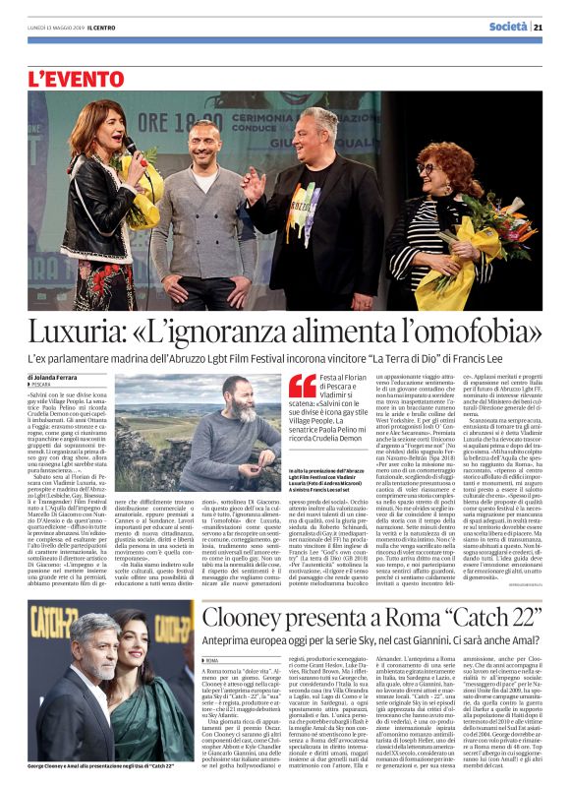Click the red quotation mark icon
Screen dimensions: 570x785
(x=302, y=385)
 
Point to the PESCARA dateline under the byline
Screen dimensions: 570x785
(x=45, y=387)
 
